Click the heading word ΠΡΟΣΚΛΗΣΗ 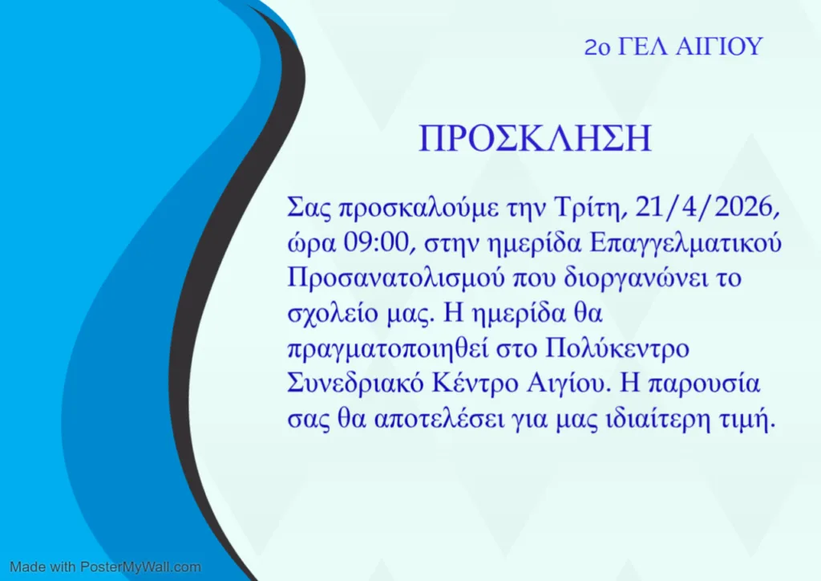[x=536, y=139]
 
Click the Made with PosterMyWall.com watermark [x=105, y=567]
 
